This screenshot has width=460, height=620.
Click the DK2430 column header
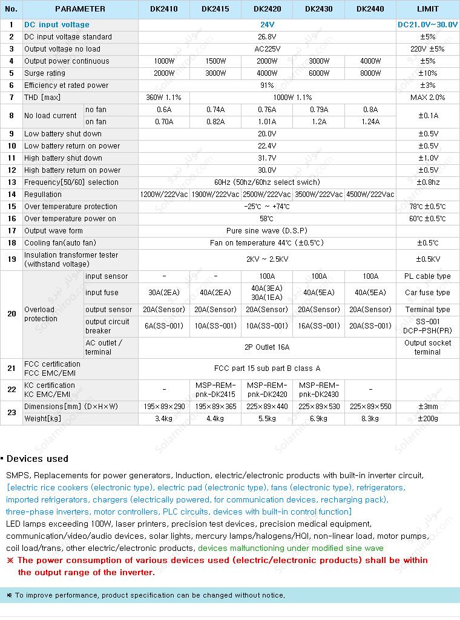coord(318,9)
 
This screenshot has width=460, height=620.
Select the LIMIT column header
coord(428,9)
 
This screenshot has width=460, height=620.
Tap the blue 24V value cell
coord(267,25)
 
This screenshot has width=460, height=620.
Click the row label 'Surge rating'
coord(45,73)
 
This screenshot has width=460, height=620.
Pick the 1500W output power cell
coord(215,61)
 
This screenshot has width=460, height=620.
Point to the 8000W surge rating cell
coord(370,73)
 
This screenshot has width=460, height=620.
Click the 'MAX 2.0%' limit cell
coord(428,98)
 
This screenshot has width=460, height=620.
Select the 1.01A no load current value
coord(267,122)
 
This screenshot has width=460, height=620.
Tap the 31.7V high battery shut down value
coord(267,158)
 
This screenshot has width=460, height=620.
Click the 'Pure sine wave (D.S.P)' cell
coord(267,231)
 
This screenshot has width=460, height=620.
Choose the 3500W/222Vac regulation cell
coord(318,195)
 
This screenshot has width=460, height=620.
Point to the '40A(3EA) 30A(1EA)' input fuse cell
coord(267,293)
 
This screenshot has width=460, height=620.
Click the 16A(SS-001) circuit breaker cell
coord(318,326)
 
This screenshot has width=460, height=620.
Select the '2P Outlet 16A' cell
coord(267,347)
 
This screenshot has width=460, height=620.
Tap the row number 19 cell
coord(11,259)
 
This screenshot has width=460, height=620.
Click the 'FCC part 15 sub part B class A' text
coord(267,368)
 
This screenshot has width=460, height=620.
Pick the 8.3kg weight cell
coord(370,419)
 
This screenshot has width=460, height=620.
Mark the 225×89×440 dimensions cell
coord(267,407)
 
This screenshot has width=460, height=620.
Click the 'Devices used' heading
coord(38,459)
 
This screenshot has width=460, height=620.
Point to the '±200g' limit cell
coord(428,419)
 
